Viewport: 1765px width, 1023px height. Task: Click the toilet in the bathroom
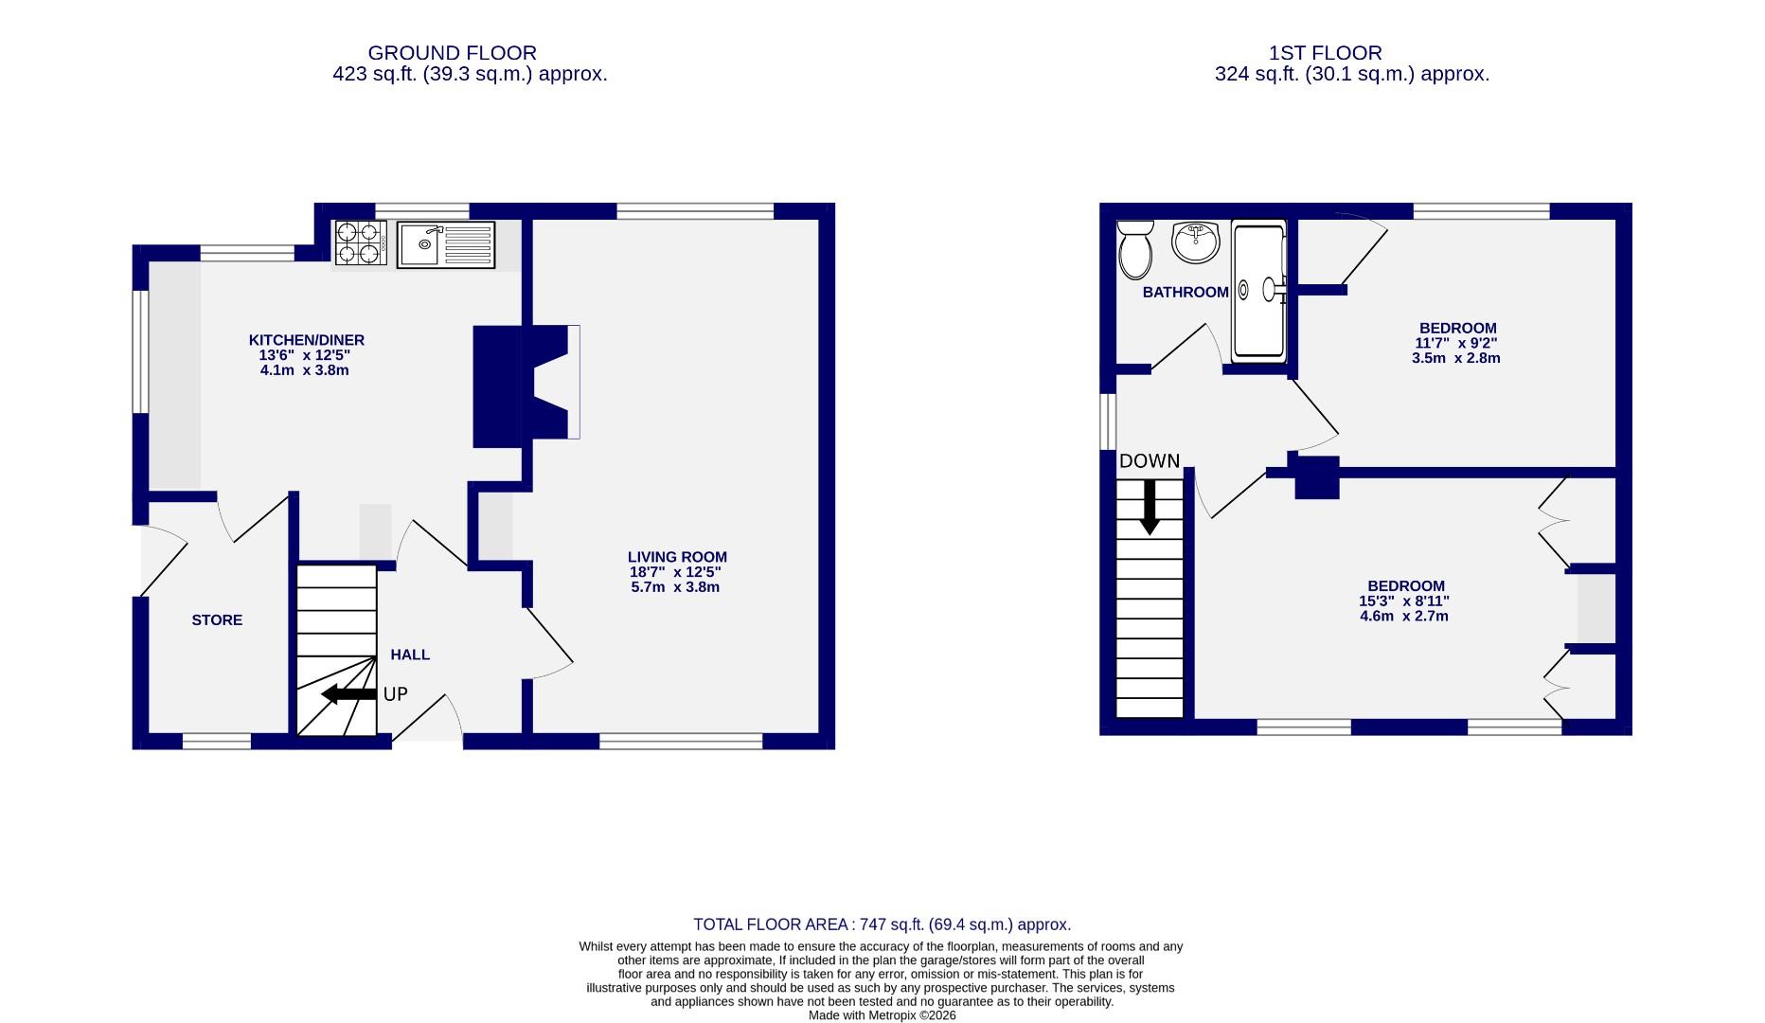click(x=1134, y=250)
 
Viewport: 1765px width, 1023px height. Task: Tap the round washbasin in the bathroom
click(x=1195, y=242)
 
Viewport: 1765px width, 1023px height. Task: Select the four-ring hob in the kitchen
click(x=360, y=242)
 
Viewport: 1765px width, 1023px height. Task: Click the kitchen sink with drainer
click(x=446, y=244)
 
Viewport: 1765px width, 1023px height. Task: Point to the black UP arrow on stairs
click(x=348, y=694)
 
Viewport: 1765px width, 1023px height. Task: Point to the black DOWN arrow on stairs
click(x=1150, y=508)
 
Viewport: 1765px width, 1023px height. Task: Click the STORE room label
click(x=217, y=620)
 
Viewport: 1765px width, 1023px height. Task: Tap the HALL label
click(x=410, y=655)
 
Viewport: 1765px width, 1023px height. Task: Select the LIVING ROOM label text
click(x=677, y=557)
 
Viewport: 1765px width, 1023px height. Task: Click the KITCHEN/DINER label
click(x=306, y=340)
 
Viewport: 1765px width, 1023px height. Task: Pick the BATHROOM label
click(x=1185, y=292)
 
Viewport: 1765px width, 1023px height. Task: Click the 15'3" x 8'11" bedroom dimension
click(x=1404, y=601)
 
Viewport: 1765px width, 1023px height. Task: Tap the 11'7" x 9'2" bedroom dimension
click(x=1455, y=344)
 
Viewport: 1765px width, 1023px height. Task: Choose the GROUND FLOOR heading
click(x=452, y=53)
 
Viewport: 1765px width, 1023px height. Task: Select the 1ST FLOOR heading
click(x=1325, y=53)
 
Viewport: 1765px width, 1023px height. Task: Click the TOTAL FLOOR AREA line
click(x=882, y=924)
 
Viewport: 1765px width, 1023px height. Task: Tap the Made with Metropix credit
click(x=882, y=1015)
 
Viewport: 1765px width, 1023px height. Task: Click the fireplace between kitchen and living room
click(x=526, y=383)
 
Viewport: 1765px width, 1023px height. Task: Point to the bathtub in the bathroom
click(x=1259, y=290)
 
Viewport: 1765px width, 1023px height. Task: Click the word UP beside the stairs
click(x=395, y=694)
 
